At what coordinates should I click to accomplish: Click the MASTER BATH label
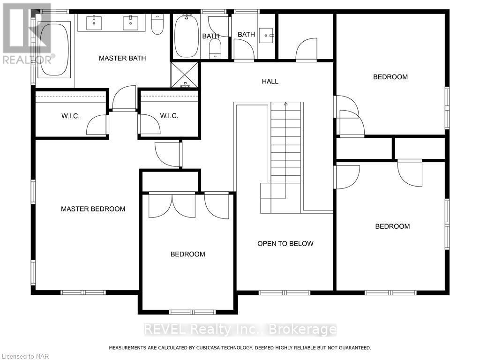[x=122, y=58]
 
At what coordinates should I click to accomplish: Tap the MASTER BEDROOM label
[x=93, y=209]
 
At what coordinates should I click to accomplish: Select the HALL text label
[x=270, y=81]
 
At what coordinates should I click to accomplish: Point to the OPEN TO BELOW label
[x=285, y=243]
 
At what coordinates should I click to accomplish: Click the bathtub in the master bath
[x=54, y=48]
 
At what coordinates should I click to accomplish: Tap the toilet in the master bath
[x=157, y=24]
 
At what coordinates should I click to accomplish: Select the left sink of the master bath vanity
[x=94, y=22]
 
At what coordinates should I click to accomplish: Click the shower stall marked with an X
[x=185, y=75]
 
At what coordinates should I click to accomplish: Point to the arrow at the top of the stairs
[x=285, y=103]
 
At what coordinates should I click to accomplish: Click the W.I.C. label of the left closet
[x=71, y=116]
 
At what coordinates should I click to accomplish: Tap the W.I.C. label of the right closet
[x=169, y=116]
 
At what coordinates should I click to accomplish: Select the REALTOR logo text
[x=28, y=59]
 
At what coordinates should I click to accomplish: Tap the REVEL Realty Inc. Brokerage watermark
[x=240, y=330]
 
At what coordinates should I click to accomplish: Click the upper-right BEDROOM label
[x=390, y=77]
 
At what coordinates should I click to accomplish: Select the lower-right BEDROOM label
[x=392, y=226]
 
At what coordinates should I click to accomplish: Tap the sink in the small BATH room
[x=268, y=34]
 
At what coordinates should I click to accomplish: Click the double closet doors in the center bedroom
[x=172, y=205]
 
